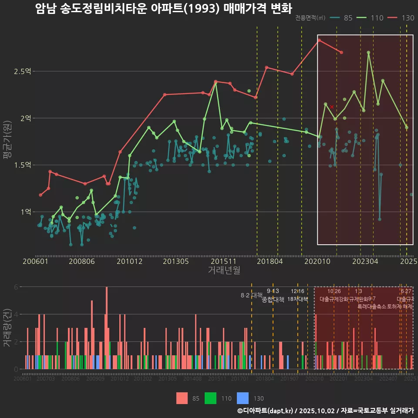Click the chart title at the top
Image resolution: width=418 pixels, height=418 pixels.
[163, 8]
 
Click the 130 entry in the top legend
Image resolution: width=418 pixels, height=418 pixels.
[401, 18]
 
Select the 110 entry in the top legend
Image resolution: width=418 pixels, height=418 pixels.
[371, 18]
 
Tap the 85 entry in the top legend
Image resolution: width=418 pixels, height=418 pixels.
[342, 18]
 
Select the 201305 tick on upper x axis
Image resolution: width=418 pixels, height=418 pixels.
[175, 262]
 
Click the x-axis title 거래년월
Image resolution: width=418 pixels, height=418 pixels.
[224, 270]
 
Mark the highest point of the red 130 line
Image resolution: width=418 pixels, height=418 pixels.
[319, 40]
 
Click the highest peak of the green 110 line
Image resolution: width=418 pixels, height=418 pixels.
[368, 52]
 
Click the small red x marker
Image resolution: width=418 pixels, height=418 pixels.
[332, 107]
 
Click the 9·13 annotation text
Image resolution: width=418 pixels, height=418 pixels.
[273, 291]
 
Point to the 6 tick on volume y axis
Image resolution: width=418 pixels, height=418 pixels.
[16, 287]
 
